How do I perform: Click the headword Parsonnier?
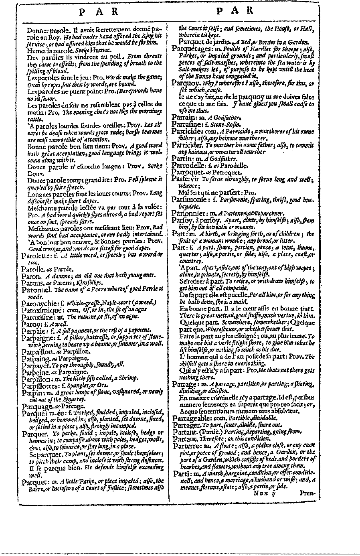coord(189,213)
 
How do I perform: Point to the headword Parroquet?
coord(188,172)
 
